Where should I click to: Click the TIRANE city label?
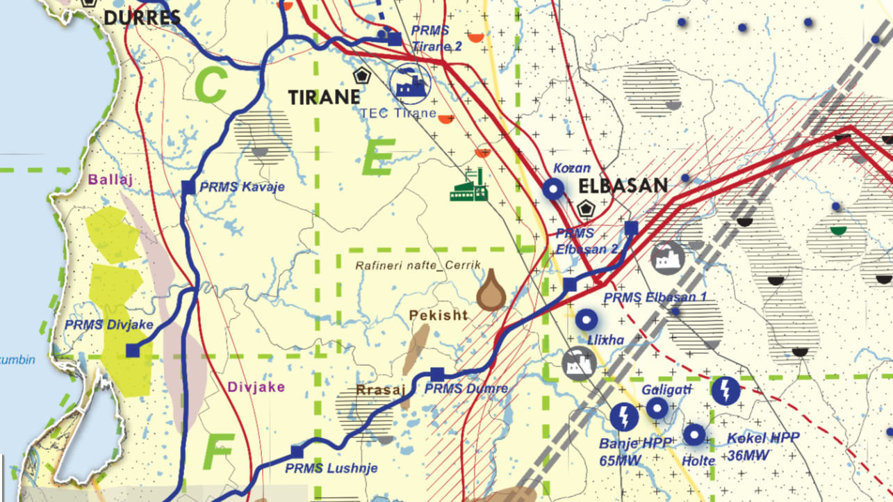325,97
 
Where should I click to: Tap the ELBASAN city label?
623,186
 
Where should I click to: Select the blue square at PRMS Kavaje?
188,186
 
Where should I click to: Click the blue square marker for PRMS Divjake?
133,351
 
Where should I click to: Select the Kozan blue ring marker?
553,188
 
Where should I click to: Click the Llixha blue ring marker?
587,320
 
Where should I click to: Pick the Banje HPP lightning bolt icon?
623,416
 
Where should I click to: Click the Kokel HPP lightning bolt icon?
726,391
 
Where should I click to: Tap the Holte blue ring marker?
694,435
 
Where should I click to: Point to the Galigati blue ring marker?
657,408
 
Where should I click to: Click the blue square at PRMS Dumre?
436,374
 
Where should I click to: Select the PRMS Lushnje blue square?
297,451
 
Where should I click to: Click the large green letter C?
211,86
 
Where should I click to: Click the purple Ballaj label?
110,179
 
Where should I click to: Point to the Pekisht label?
438,315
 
